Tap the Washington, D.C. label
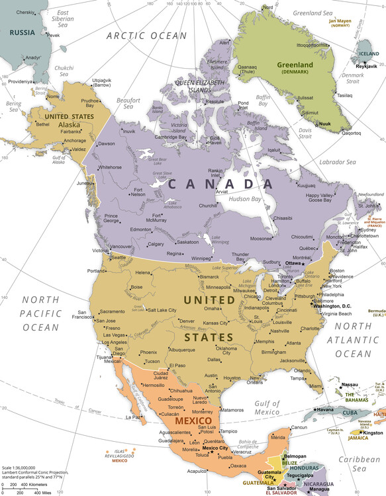tap(336, 306)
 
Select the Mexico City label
tap(215, 448)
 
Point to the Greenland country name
tap(295, 65)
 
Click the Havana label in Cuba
tap(325, 409)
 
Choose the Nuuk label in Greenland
tap(324, 124)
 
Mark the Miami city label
tap(314, 386)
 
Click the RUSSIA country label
tap(23, 32)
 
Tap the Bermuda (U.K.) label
tap(376, 311)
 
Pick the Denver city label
tap(187, 321)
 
